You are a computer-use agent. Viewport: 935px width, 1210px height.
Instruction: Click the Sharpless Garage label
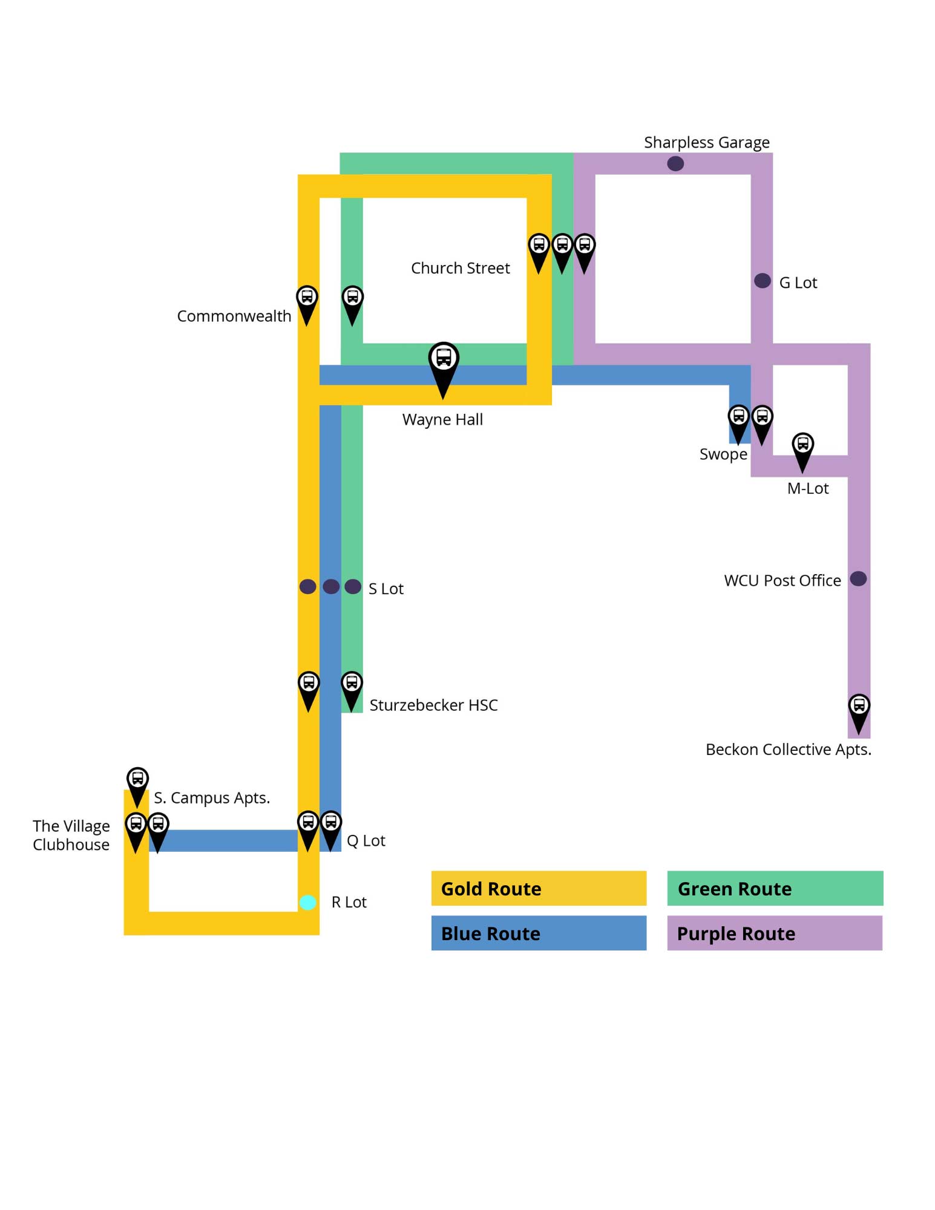pos(706,142)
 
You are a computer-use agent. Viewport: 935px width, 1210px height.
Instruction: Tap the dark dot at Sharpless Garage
pos(675,163)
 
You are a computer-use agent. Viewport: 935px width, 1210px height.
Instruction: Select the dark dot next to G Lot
pos(762,281)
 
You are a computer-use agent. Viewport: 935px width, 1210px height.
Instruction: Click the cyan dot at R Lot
pos(307,902)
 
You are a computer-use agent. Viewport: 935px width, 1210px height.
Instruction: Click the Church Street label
pos(460,268)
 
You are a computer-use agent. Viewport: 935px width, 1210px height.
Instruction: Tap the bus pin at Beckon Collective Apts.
pos(858,710)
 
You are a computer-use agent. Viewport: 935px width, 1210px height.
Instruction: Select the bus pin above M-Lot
pos(802,448)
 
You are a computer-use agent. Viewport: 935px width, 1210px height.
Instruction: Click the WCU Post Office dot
pos(858,579)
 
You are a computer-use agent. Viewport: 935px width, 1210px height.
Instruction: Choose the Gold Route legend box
pos(538,888)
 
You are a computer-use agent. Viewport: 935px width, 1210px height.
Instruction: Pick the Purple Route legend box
pos(774,932)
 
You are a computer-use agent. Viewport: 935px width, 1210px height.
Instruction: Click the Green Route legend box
pos(774,888)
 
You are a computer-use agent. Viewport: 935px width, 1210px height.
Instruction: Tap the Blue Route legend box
pos(538,932)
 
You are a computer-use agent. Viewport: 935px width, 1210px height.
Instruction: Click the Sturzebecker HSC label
pos(433,705)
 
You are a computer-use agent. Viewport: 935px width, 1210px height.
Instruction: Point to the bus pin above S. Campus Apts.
pos(137,783)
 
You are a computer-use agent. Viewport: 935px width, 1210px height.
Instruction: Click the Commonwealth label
pos(234,316)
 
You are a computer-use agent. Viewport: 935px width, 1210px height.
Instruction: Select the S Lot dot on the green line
pos(353,586)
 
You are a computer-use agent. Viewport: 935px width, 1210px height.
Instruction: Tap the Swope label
pos(723,454)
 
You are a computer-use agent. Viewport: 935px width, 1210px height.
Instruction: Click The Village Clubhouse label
pos(71,835)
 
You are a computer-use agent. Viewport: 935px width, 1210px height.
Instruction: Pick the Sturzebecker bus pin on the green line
pos(352,687)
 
